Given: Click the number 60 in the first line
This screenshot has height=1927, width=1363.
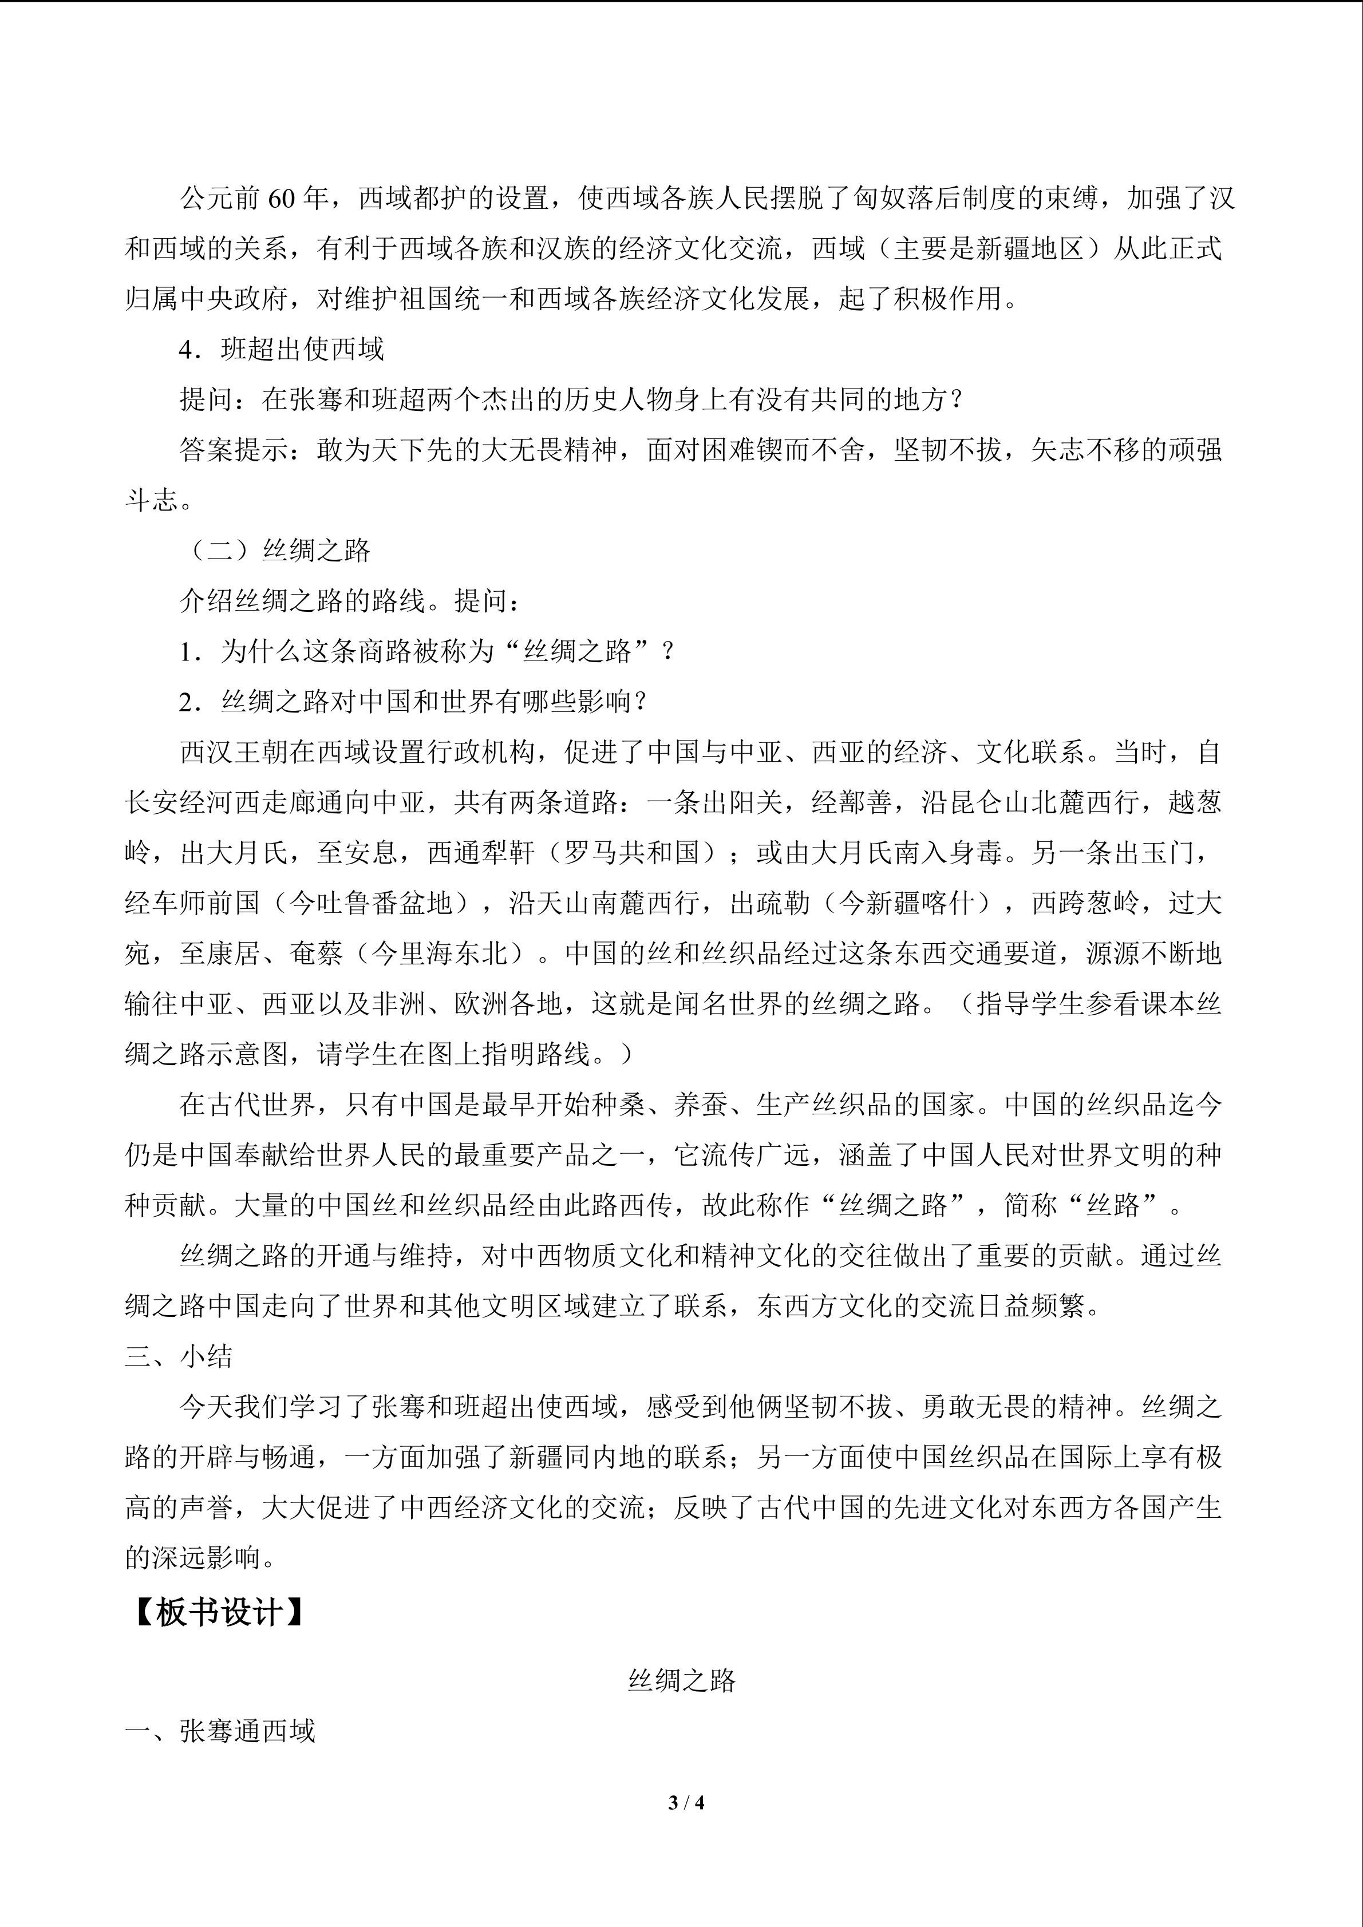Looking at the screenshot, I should point(282,199).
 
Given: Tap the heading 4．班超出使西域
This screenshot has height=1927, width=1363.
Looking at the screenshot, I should point(282,349).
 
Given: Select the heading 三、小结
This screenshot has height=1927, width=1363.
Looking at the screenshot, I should point(179,1357).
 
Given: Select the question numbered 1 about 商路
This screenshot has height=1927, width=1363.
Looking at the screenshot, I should point(426,652).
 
